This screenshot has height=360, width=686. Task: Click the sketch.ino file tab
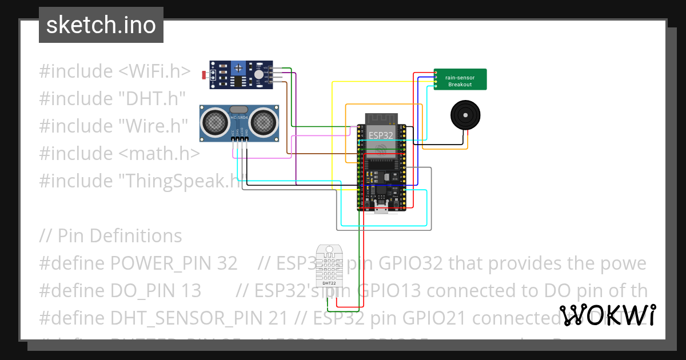point(101,25)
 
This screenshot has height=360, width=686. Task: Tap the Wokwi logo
point(607,315)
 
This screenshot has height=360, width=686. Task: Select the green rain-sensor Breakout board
point(460,79)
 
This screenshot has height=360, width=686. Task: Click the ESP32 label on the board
point(380,135)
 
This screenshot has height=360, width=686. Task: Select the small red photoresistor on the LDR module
point(205,75)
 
